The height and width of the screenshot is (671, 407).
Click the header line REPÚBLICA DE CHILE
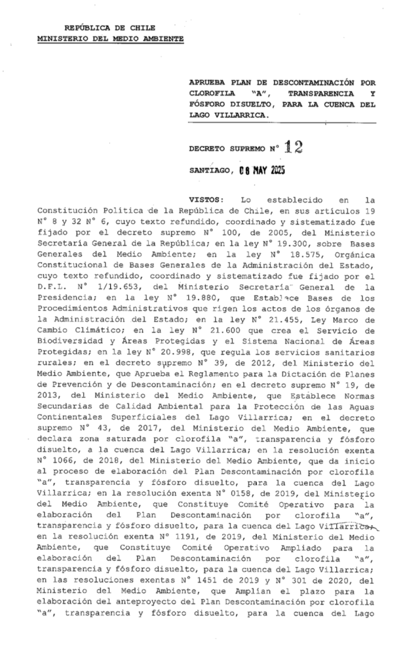point(110,28)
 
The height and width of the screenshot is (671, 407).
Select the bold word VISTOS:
point(206,198)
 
